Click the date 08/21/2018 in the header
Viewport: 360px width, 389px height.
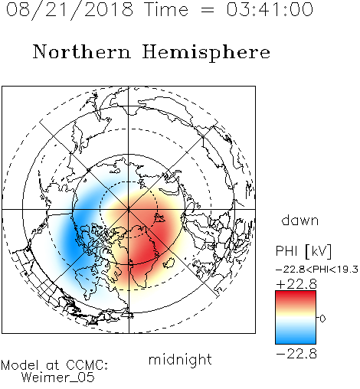70,10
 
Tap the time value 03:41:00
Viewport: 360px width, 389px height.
270,9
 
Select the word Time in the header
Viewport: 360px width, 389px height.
166,9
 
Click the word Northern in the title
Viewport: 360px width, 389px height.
81,51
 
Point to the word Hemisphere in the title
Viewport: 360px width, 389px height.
206,52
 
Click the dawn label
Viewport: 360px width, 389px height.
300,220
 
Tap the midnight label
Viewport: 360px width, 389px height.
180,359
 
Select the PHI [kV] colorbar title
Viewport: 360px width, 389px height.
303,251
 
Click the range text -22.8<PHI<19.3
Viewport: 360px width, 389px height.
317,270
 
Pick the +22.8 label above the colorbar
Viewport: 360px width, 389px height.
296,284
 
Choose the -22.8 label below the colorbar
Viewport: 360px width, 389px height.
296,354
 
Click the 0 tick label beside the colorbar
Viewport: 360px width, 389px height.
322,319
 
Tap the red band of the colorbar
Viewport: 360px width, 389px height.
296,297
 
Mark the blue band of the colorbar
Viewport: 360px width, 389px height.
296,337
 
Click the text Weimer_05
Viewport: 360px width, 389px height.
58,378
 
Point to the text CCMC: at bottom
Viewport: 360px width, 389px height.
87,365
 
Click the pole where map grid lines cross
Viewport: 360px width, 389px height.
129,210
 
